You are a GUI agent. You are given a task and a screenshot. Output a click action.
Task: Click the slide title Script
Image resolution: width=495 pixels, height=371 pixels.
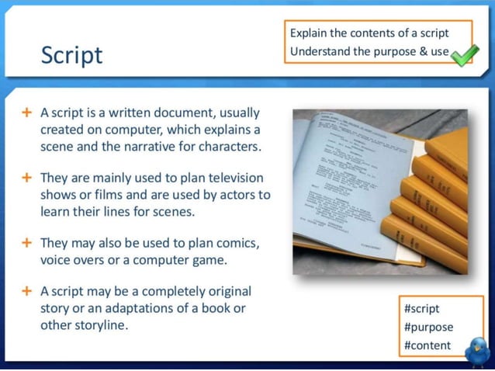pyautogui.click(x=71, y=56)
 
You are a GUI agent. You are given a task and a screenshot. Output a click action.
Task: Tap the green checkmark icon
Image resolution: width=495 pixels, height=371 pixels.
pyautogui.click(x=464, y=54)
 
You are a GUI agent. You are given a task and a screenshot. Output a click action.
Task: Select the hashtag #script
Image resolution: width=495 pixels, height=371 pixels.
pyautogui.click(x=421, y=308)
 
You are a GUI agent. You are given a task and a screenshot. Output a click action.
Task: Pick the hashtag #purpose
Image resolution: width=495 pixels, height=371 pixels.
pyautogui.click(x=428, y=327)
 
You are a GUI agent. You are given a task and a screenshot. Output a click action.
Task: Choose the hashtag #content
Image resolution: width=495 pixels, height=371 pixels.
pyautogui.click(x=427, y=345)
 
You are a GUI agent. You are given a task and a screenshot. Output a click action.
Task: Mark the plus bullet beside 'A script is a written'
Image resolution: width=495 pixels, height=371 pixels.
pyautogui.click(x=26, y=112)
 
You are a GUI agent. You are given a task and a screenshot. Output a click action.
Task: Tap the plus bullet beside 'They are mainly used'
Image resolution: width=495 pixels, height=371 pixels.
pyautogui.click(x=26, y=177)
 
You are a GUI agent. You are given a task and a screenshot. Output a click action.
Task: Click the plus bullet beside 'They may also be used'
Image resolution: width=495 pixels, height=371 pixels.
pyautogui.click(x=26, y=242)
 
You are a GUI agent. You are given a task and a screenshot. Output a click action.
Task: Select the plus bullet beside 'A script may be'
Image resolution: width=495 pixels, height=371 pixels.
pyautogui.click(x=26, y=291)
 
